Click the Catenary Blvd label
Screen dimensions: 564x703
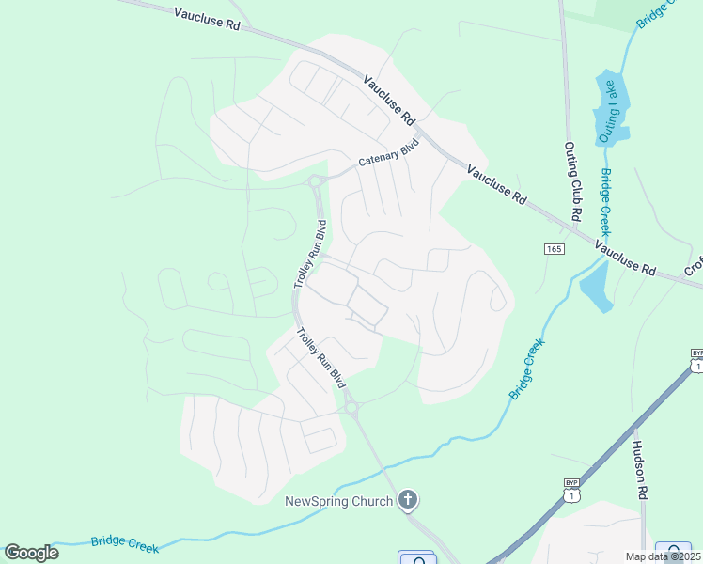click(x=387, y=155)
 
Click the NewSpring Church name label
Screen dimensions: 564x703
click(x=338, y=500)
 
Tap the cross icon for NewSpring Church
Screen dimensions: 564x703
click(x=408, y=499)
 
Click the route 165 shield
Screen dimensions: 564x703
click(x=553, y=248)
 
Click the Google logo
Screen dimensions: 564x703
click(x=31, y=552)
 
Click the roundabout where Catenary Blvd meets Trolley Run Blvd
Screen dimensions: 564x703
click(x=316, y=181)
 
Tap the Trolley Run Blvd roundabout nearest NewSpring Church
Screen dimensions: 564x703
click(x=351, y=408)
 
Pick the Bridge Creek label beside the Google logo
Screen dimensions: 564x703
click(x=125, y=542)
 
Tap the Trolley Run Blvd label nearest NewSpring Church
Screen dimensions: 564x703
click(x=320, y=358)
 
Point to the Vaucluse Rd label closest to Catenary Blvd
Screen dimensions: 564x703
click(x=389, y=101)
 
